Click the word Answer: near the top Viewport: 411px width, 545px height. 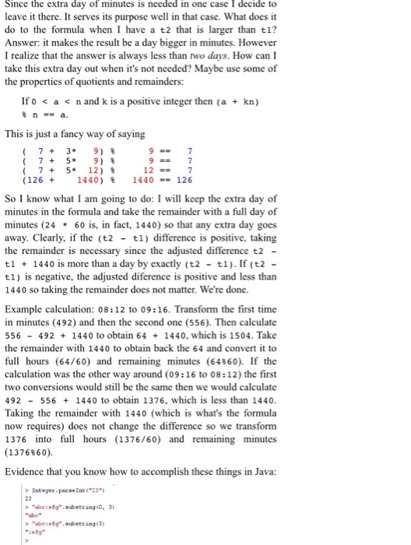25,42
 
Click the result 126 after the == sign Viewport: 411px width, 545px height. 184,179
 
